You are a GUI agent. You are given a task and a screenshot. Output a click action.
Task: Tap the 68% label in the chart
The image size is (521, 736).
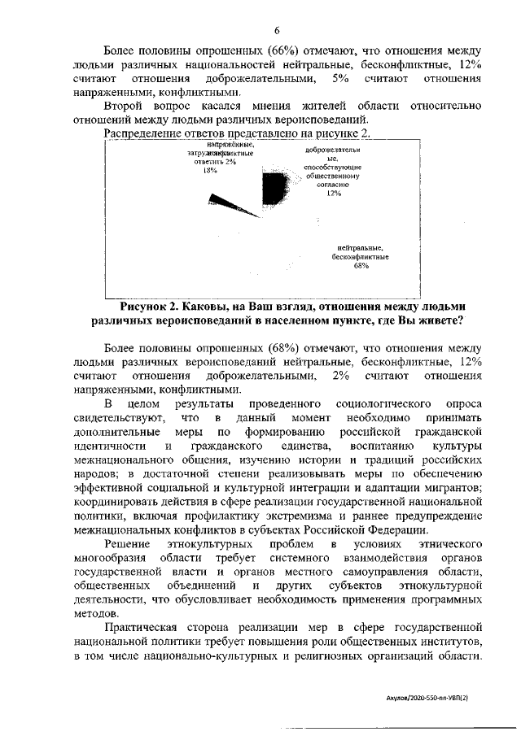[361, 265]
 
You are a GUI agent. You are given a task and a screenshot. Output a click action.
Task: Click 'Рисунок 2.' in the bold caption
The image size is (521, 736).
[154, 307]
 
